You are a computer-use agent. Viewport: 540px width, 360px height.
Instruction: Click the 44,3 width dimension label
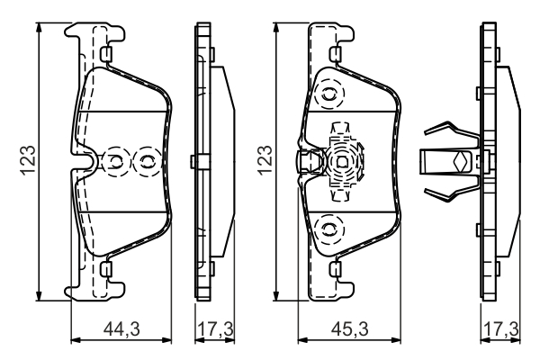tap(122, 330)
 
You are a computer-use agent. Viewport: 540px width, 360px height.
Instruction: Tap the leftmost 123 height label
tap(29, 161)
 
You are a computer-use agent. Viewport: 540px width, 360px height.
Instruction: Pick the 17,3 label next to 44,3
tap(214, 330)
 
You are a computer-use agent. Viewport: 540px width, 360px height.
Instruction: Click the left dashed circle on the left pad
tap(116, 162)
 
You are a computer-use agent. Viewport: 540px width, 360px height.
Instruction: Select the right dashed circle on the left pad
tap(144, 162)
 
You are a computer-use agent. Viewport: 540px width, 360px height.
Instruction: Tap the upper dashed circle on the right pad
tap(328, 93)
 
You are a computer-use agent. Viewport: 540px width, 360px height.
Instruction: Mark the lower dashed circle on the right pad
tap(328, 227)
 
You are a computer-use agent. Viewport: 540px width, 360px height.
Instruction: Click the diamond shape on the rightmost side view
tap(460, 162)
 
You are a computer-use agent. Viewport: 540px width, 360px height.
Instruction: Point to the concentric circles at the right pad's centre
tap(342, 161)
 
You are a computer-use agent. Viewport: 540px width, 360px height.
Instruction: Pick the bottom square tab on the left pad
tap(105, 268)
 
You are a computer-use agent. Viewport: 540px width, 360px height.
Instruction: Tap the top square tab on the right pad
tap(337, 56)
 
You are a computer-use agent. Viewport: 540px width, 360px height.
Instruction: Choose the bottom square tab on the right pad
tap(337, 268)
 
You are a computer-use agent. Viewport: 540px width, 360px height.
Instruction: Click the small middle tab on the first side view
tap(194, 162)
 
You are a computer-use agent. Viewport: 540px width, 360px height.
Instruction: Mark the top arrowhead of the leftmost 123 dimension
tap(40, 28)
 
